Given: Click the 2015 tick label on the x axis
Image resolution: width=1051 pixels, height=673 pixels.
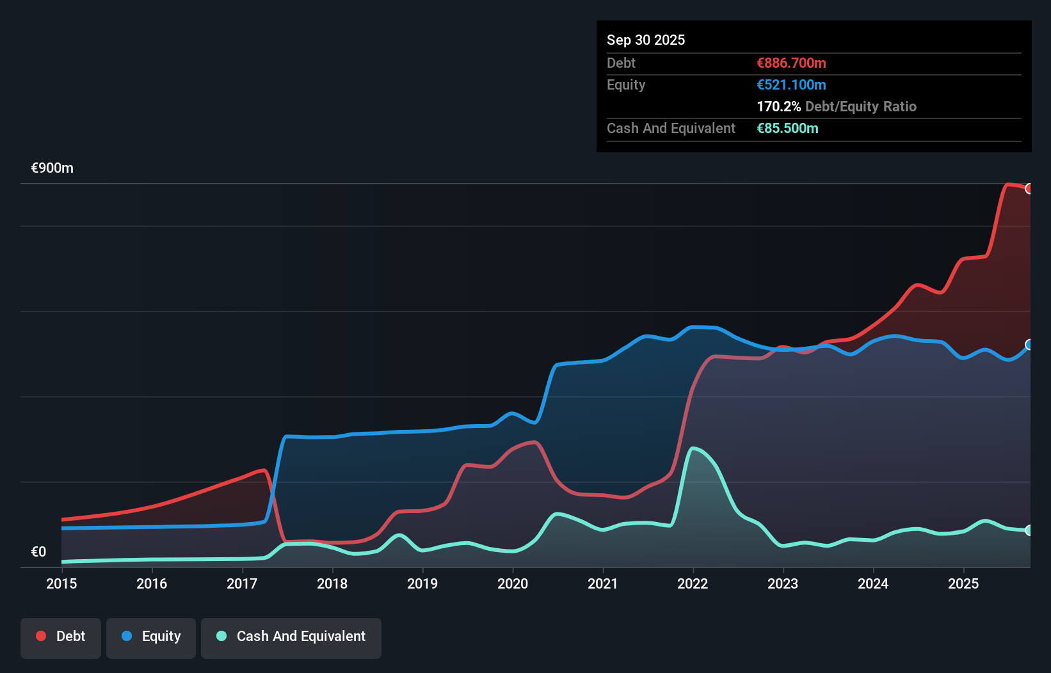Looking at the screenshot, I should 61,583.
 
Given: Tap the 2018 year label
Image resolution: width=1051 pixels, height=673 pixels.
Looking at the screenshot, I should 332,583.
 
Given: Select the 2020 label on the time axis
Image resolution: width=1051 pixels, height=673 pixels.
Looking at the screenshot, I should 513,583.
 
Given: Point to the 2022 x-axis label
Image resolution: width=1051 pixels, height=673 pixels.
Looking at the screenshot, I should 693,583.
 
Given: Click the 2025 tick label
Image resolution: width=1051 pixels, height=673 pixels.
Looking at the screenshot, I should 963,583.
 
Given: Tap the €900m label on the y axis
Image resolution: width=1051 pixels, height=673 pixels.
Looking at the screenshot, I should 52,168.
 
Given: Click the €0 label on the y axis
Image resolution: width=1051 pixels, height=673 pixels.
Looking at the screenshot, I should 38,552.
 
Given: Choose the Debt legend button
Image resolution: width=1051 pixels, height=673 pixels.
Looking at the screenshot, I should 61,637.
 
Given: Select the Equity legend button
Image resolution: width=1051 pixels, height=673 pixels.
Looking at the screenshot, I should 151,637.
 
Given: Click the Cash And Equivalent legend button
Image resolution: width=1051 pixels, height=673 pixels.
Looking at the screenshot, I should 291,637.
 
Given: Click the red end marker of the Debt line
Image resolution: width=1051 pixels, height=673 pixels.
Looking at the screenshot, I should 1029,189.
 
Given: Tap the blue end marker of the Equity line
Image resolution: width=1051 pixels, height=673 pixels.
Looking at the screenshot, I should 1029,345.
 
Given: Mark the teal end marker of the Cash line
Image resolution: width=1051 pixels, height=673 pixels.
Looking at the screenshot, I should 1029,530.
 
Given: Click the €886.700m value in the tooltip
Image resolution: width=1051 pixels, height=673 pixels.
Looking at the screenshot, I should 791,63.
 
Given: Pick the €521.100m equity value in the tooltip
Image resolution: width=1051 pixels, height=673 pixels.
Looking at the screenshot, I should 791,85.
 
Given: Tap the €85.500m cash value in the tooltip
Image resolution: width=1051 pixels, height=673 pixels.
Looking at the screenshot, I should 787,129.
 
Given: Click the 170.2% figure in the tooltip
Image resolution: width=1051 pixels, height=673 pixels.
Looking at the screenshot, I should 778,107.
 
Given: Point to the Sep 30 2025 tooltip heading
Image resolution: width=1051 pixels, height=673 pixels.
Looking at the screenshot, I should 645,40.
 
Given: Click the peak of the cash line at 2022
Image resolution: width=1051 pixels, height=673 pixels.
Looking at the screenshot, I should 693,448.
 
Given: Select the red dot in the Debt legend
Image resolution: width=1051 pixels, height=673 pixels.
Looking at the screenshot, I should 41,636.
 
